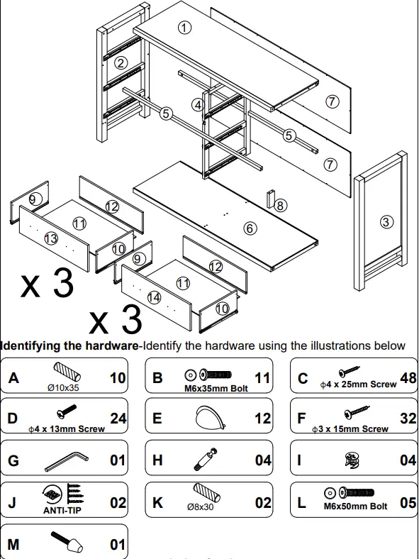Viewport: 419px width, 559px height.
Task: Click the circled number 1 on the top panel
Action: click(184, 28)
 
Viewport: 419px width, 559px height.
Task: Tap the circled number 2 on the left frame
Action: click(121, 62)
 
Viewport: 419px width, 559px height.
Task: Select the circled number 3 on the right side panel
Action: click(386, 222)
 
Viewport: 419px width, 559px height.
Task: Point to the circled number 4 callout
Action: click(198, 104)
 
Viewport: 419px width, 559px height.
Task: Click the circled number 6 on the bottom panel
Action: click(250, 228)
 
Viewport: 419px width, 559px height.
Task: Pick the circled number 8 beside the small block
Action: click(281, 206)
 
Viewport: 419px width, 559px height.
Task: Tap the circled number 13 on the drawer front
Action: click(50, 238)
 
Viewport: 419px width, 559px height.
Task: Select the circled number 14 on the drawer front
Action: click(155, 297)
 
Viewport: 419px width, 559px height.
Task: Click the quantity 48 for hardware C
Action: click(408, 378)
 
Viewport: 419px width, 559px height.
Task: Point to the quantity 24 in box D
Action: click(118, 419)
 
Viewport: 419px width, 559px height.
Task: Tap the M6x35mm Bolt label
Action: click(211, 388)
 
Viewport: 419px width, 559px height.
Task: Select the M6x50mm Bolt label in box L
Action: click(355, 507)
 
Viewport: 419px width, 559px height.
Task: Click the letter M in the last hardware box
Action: click(13, 545)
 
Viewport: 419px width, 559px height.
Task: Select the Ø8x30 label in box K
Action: click(201, 507)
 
